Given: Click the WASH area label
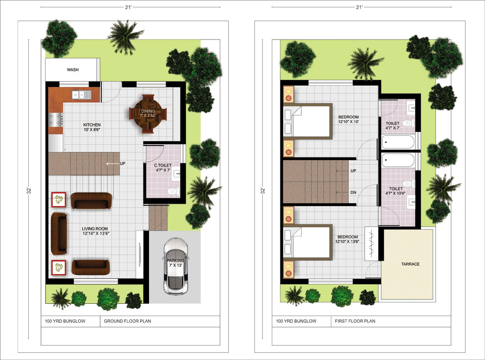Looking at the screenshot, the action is pos(73,70).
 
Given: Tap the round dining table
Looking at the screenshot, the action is pos(148,113).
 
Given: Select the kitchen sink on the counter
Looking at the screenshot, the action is pos(82,95).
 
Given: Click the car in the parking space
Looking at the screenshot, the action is pos(175,266).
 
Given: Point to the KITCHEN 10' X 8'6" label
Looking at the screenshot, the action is pos(92,127).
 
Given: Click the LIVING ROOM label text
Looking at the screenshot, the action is pos(95,229).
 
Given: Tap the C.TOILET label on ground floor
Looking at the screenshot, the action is pos(163,166).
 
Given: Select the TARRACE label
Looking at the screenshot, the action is pos(410,264).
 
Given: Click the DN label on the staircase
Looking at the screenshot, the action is pos(353,192).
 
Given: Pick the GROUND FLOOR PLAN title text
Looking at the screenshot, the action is pos(127,321).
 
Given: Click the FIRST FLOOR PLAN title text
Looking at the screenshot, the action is pos(355,321).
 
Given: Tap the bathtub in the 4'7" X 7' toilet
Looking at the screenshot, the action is pos(398,142).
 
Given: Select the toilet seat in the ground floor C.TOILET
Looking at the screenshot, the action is pos(173,191).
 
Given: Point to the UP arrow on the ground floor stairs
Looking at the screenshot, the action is pos(113,164).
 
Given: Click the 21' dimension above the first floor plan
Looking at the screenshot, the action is pos(359,7).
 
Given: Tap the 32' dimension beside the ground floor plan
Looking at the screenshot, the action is pos(28,190).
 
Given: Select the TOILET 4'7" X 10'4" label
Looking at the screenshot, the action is pos(396,191).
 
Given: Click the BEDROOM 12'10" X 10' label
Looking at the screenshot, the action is pos(349,119).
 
